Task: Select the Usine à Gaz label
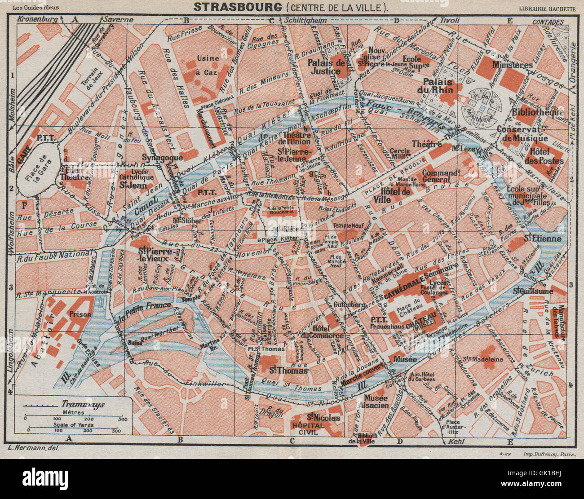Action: tap(207, 65)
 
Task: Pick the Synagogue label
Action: tap(162, 158)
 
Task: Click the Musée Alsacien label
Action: tap(376, 401)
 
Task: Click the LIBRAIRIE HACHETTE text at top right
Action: tap(547, 8)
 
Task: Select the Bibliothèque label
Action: tap(538, 112)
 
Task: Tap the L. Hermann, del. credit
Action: tap(33, 448)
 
